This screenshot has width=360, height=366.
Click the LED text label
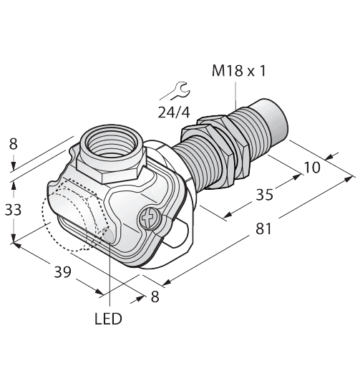(x=107, y=317)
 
